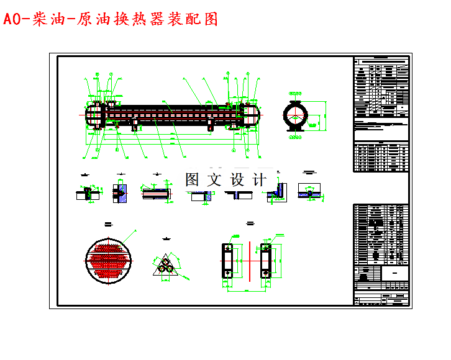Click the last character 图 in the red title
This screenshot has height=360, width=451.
[211, 19]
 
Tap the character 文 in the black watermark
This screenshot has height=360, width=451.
[212, 179]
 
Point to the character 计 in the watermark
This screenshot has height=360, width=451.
[259, 179]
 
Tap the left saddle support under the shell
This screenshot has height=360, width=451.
[134, 126]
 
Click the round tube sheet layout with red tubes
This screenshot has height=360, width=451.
[109, 258]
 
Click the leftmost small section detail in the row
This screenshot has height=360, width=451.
[86, 194]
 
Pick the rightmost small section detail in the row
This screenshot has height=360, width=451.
[310, 191]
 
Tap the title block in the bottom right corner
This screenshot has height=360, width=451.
[381, 286]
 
